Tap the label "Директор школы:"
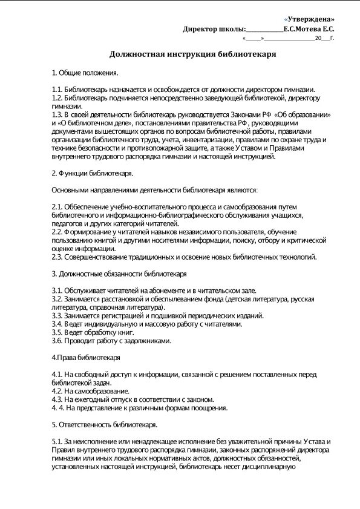coord(215,29)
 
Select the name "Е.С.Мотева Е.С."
coord(309,29)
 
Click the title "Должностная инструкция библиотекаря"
coord(192,54)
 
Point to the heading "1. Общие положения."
coord(85,73)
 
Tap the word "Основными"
coord(70,190)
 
